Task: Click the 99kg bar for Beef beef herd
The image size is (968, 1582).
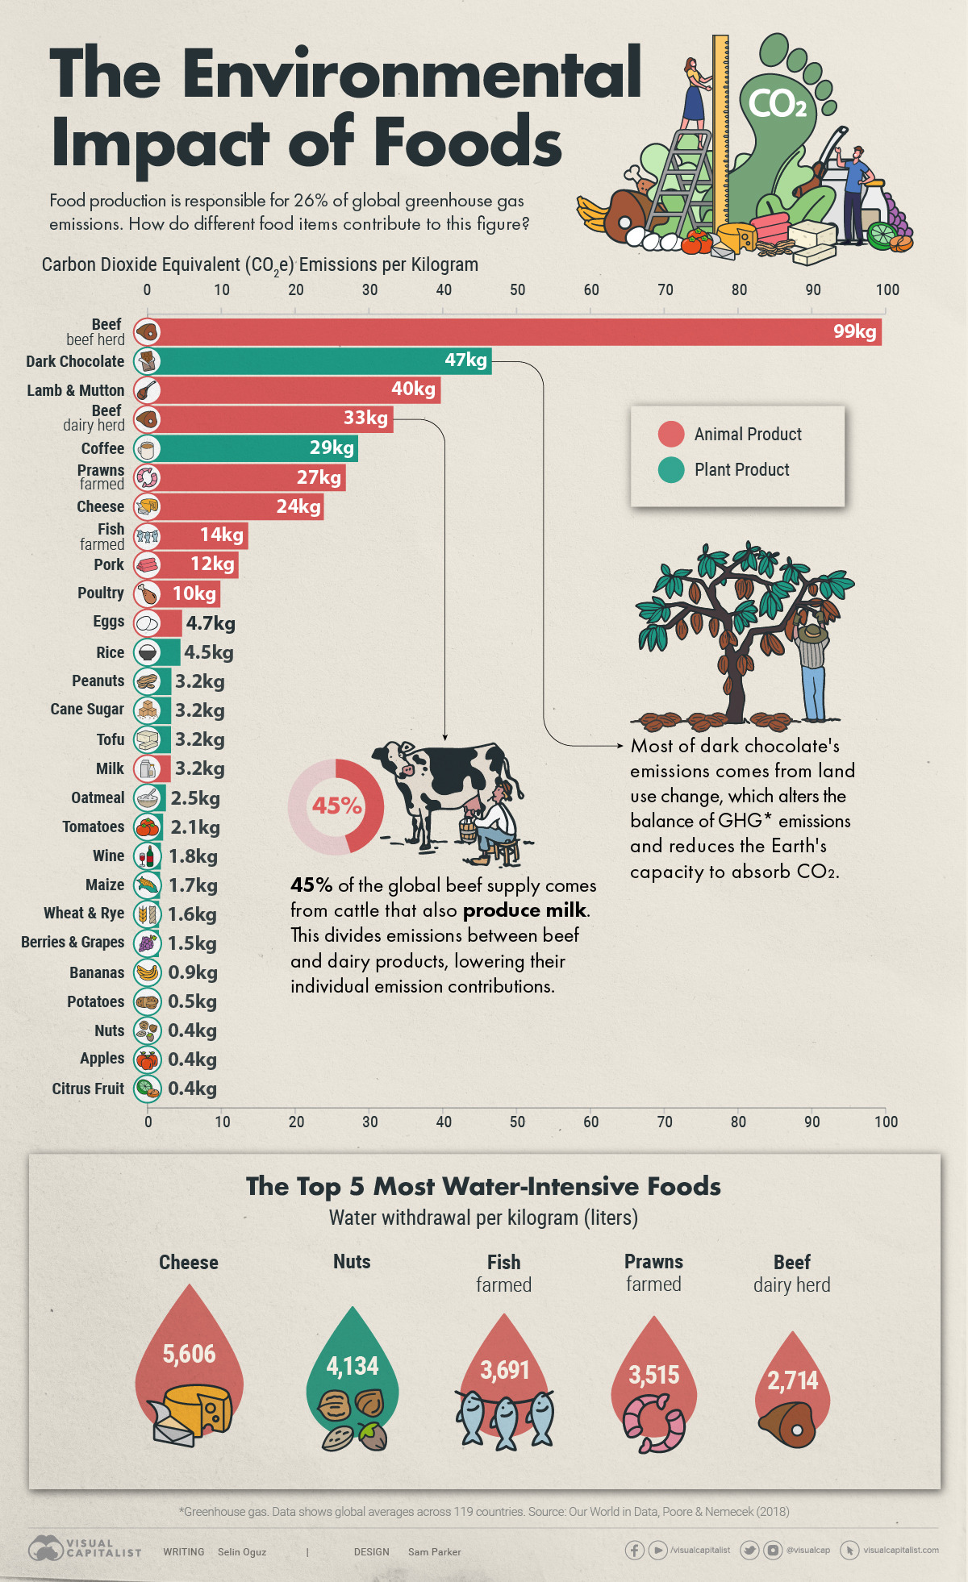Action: coord(516,332)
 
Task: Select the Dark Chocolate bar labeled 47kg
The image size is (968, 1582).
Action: coord(323,361)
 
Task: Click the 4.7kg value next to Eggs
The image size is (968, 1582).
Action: coord(211,623)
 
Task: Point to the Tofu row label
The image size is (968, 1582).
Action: coord(111,739)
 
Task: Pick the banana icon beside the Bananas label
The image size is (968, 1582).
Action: coord(147,972)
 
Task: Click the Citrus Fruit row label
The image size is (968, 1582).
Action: coord(88,1089)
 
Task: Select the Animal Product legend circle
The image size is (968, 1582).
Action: coord(671,434)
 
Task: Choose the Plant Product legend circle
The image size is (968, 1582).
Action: coord(671,469)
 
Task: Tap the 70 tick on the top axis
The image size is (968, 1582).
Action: coord(665,290)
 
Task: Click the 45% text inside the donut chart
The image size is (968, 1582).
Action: coord(336,806)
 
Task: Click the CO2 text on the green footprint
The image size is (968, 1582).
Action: coord(777,103)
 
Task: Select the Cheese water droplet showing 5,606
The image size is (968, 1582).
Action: coord(189,1355)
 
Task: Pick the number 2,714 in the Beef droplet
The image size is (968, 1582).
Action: coord(792,1380)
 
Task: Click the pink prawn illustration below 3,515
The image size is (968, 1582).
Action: coord(653,1424)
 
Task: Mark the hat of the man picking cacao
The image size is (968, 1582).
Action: coord(812,632)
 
